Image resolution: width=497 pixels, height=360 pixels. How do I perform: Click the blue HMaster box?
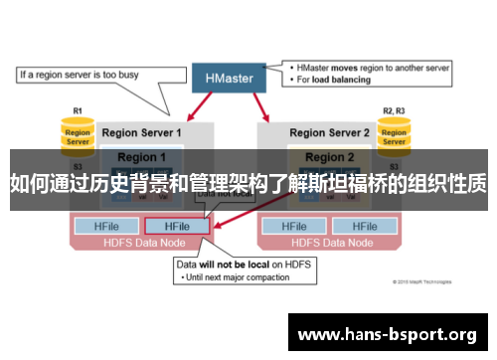229,77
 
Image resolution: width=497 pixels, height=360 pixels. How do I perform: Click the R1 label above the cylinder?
78,111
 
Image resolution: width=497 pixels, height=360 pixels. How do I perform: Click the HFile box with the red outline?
177,227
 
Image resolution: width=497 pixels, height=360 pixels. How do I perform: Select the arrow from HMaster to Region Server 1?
195,108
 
